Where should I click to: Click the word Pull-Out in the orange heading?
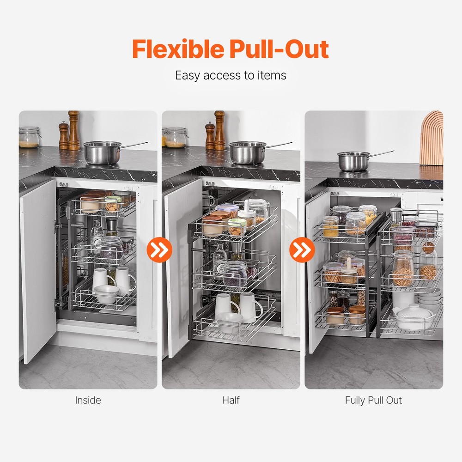(282, 49)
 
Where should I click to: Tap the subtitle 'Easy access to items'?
(231, 75)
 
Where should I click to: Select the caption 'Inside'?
(88, 400)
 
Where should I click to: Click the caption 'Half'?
(231, 400)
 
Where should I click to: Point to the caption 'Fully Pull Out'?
(373, 400)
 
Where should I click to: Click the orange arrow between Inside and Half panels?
(159, 250)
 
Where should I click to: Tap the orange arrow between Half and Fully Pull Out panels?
(302, 250)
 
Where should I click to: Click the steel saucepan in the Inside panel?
(101, 153)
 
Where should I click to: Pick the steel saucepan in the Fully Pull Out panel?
(355, 161)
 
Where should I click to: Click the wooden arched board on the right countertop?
(432, 139)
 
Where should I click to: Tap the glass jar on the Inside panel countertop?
(29, 137)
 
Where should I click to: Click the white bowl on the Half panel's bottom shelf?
(230, 322)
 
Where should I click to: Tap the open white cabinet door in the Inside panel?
(38, 268)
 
